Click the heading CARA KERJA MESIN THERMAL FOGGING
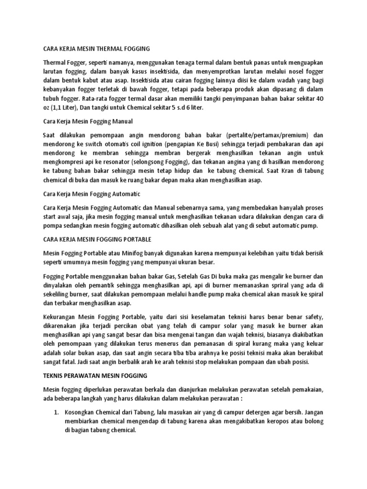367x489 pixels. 97,49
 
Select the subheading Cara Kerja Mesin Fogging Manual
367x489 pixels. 88,121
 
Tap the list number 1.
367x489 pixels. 56,412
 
